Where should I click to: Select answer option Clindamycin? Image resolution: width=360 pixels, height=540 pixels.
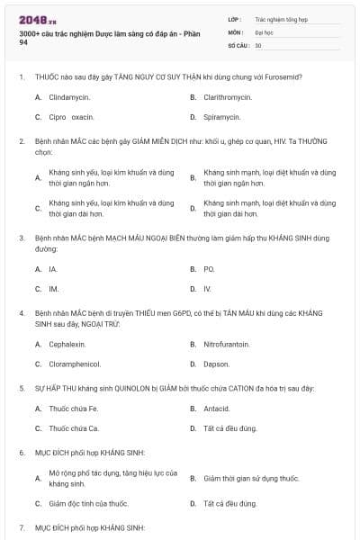pyautogui.click(x=69, y=95)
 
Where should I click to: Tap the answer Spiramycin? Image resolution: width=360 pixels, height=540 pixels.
pyautogui.click(x=221, y=117)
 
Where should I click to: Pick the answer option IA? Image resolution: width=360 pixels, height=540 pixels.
pyautogui.click(x=53, y=268)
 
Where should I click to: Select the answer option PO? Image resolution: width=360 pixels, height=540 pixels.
pyautogui.click(x=209, y=268)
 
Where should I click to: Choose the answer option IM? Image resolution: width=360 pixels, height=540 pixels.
pyautogui.click(x=54, y=289)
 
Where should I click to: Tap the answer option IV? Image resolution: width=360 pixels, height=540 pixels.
pyautogui.click(x=207, y=289)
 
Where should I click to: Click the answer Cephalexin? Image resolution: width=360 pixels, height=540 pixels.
pyautogui.click(x=67, y=344)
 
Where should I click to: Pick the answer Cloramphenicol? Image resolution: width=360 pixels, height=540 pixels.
pyautogui.click(x=75, y=364)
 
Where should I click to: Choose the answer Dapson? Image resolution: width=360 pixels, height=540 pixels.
pyautogui.click(x=216, y=364)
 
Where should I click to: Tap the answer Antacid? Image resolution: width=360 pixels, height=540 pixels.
pyautogui.click(x=217, y=408)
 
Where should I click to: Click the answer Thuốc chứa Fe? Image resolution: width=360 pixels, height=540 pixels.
pyautogui.click(x=72, y=408)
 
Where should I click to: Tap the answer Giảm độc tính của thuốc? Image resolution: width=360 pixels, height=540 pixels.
pyautogui.click(x=88, y=504)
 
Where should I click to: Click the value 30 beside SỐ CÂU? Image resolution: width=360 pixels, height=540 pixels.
pyautogui.click(x=258, y=45)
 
